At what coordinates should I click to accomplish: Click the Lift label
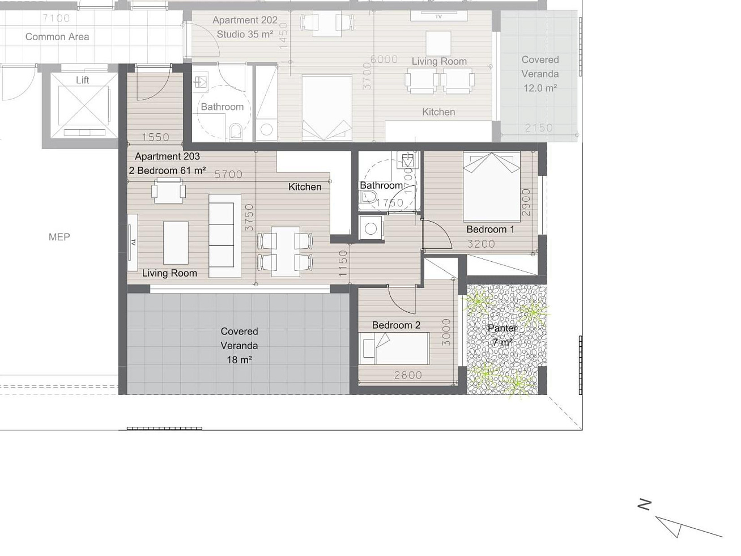(x=82, y=80)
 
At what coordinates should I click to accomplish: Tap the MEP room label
(x=59, y=237)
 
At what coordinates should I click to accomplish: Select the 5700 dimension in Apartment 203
(x=228, y=174)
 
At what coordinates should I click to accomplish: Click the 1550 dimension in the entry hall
(x=155, y=137)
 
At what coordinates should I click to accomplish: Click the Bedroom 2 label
(x=397, y=325)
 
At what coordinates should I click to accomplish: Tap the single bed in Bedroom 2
(x=394, y=349)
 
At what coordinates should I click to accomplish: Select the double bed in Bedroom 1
(x=492, y=186)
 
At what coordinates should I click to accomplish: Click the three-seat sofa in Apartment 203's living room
(x=225, y=236)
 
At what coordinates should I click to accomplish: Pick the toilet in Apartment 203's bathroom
(x=368, y=197)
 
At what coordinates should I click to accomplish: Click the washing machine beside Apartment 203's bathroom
(x=371, y=228)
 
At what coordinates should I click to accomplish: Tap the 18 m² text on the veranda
(x=239, y=360)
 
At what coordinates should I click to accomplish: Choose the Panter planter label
(x=502, y=328)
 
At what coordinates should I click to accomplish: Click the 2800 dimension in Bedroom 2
(x=408, y=375)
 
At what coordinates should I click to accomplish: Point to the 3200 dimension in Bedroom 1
(x=481, y=244)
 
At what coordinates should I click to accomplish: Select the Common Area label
(x=57, y=37)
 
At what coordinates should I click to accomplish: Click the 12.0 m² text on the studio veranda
(x=540, y=88)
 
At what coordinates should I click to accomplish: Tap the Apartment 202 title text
(x=245, y=20)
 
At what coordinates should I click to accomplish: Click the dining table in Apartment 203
(x=286, y=252)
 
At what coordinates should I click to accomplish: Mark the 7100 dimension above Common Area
(x=57, y=18)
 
